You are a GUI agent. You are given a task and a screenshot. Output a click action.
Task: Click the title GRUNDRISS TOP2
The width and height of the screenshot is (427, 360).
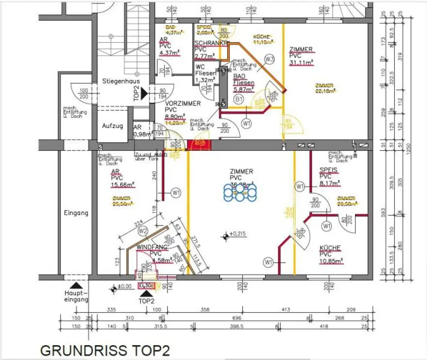(x=105, y=350)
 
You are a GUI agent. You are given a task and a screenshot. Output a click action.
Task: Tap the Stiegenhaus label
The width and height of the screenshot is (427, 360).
(x=121, y=81)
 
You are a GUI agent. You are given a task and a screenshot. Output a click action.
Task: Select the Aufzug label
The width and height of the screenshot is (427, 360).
(x=113, y=125)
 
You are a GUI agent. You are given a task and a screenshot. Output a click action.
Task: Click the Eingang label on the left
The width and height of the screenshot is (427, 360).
(x=76, y=213)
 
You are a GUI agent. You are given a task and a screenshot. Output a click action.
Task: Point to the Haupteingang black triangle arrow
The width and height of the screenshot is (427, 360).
(x=75, y=285)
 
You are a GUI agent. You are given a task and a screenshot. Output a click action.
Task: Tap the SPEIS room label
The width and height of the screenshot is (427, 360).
(x=329, y=170)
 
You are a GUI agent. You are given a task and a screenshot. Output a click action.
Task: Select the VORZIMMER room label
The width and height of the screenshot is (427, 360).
(x=183, y=103)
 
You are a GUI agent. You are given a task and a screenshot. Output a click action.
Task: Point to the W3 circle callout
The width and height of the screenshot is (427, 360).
(x=270, y=59)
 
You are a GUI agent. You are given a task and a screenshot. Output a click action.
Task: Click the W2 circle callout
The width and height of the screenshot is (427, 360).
(x=143, y=230)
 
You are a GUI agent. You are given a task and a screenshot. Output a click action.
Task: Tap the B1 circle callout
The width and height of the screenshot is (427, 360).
(x=239, y=99)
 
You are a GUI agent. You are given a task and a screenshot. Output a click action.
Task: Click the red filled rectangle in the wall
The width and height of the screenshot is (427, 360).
(x=200, y=145)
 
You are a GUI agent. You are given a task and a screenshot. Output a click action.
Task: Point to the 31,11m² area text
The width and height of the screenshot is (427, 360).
(x=301, y=62)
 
